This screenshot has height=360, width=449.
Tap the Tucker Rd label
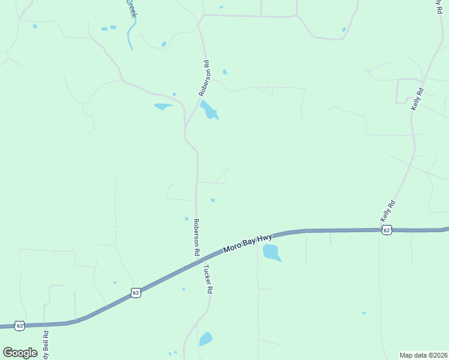coord(207,279)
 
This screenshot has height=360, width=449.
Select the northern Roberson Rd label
coord(205,79)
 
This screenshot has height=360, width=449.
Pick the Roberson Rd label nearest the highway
coord(196,238)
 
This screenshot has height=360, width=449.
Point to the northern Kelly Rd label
coord(417,99)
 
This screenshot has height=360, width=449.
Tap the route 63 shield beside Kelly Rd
coord(387,230)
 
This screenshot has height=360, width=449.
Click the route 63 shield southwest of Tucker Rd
coord(136,293)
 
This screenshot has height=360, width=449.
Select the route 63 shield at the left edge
coord(20,325)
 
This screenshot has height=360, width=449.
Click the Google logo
coord(20,353)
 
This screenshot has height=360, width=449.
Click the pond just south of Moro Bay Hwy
coord(271,253)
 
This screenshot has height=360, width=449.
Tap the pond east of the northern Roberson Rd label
coord(209,110)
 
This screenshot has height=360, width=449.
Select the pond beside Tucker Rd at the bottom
coord(206,338)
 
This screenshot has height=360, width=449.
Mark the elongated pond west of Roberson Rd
coord(163,106)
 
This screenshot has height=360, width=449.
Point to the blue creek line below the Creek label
coord(130,36)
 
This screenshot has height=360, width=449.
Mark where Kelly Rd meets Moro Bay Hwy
coord(379,230)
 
